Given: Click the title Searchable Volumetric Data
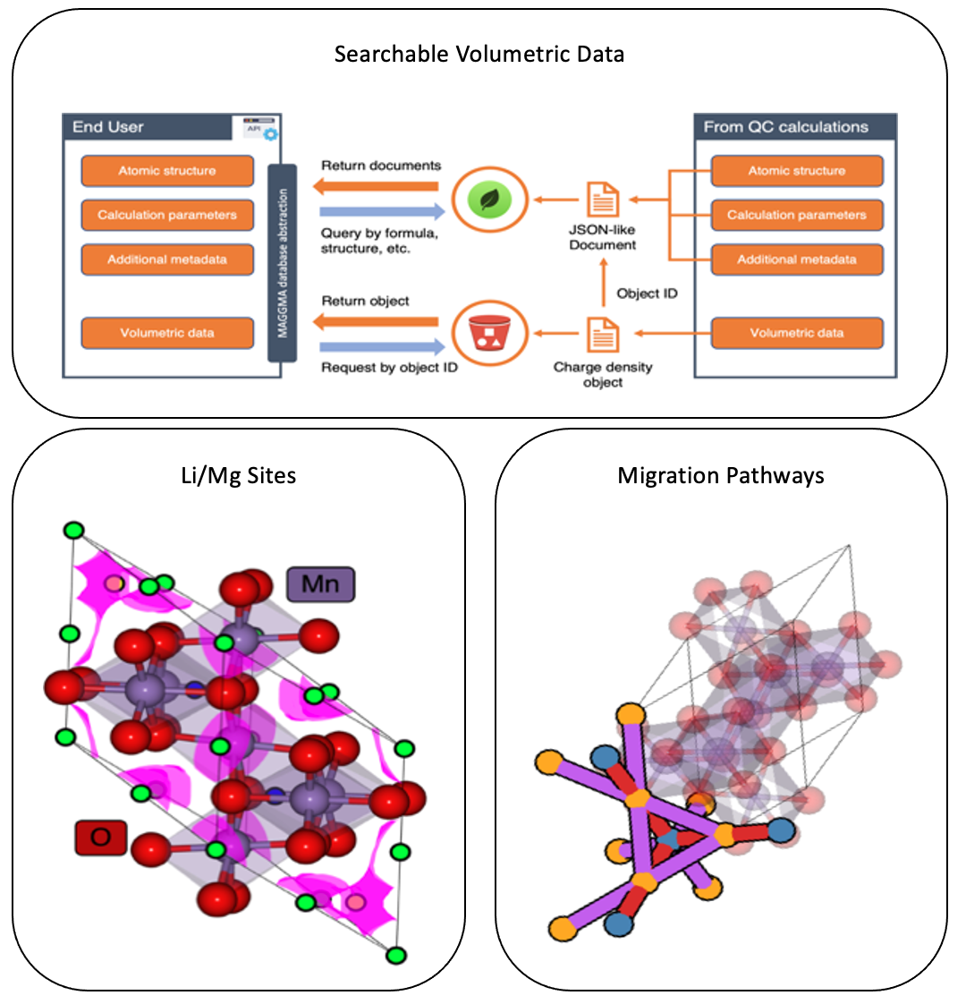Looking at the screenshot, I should coord(479,55).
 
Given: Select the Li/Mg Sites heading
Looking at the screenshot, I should coord(238,475).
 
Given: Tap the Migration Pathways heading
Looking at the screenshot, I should coord(721,475).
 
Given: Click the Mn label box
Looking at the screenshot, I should coord(320,585).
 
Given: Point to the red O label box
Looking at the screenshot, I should coord(100,838).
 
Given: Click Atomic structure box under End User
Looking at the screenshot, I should coord(167,171).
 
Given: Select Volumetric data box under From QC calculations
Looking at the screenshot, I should coord(796,333).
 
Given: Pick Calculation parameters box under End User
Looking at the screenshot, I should coord(167,215).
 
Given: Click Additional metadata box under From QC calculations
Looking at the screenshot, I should coord(796,260).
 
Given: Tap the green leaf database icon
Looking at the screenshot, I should coord(488,198).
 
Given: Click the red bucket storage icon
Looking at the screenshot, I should coord(488,334).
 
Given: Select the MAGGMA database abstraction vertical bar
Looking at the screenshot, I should coord(282,262).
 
